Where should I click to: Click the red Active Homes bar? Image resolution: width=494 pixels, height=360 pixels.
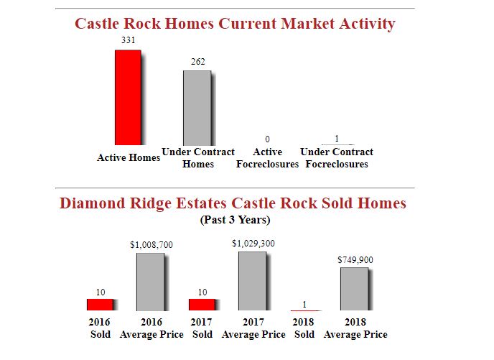(x=128, y=97)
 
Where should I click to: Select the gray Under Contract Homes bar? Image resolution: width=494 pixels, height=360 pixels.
(x=197, y=107)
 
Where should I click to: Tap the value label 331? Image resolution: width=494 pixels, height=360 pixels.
(x=128, y=41)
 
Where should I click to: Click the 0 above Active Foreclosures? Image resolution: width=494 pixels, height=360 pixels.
(x=267, y=138)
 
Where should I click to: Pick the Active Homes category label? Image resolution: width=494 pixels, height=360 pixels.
(x=129, y=157)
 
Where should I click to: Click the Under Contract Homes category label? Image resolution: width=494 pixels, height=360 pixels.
(x=198, y=158)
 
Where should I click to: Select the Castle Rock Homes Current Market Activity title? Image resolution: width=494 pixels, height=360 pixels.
(x=235, y=24)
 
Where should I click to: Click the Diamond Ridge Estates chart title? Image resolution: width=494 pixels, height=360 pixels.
(x=233, y=203)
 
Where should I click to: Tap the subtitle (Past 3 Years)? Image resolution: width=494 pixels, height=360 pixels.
(x=234, y=219)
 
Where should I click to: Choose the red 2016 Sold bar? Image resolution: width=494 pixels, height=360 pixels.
(x=100, y=305)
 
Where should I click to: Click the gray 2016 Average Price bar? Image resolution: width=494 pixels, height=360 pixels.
(x=151, y=282)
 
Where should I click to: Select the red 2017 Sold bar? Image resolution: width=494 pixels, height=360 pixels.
(x=202, y=305)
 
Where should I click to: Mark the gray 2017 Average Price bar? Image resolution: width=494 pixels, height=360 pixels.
(x=253, y=281)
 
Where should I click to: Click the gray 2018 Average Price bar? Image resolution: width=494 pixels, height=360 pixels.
(x=355, y=289)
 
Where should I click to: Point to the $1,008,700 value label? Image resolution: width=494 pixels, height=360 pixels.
(x=151, y=245)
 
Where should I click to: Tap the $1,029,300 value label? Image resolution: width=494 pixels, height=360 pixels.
(x=253, y=244)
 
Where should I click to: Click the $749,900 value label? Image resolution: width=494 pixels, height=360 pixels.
(x=355, y=259)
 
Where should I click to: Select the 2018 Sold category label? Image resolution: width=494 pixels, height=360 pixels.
(x=304, y=328)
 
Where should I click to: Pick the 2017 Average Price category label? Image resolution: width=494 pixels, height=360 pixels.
(x=253, y=328)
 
